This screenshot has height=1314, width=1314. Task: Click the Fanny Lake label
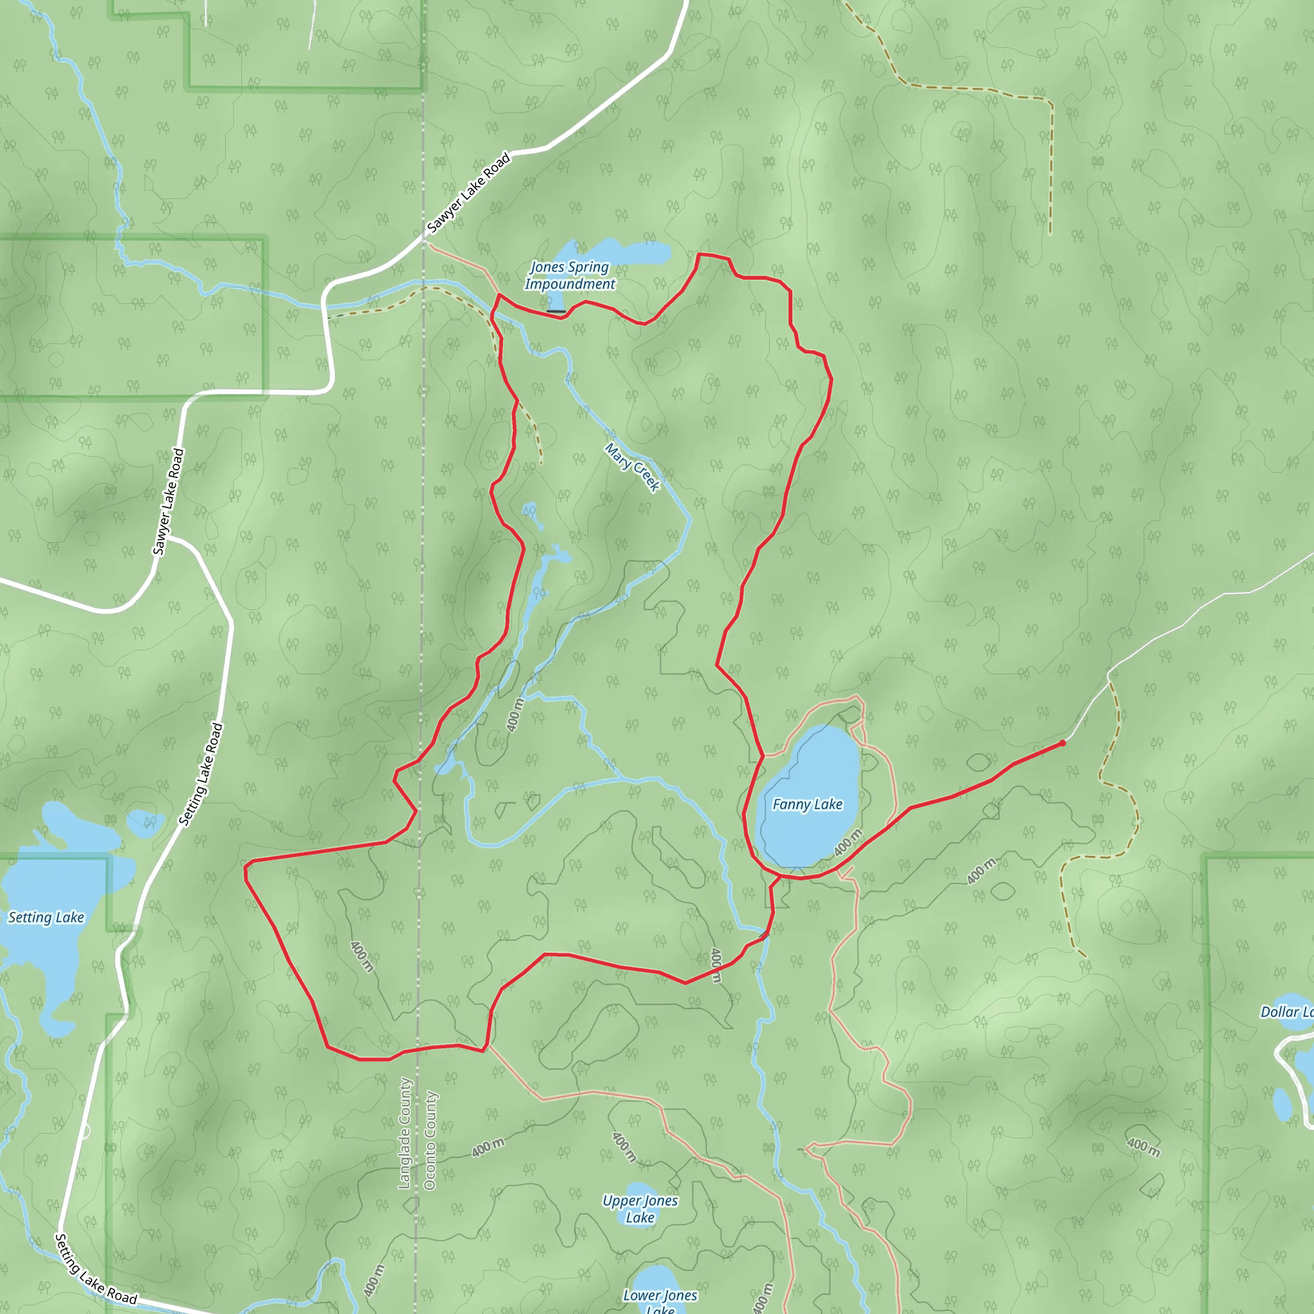pos(807,805)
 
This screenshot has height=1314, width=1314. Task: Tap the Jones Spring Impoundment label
pos(570,275)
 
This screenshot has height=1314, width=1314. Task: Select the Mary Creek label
pos(633,467)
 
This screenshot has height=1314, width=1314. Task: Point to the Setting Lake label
pos(46,917)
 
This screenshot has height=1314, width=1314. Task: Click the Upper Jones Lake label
pos(640,1209)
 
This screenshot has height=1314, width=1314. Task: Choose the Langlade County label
pos(405,1133)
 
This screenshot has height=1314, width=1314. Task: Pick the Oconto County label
pos(431,1141)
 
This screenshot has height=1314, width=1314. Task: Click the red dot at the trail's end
pos(1062,744)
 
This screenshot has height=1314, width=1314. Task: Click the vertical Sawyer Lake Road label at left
pos(169,501)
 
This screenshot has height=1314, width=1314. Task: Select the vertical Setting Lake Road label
pos(201,774)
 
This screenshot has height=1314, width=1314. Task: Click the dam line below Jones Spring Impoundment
pos(556,311)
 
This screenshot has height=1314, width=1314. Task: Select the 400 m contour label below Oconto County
pos(488,1147)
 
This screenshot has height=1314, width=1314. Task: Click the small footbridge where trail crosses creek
pos(764,937)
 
